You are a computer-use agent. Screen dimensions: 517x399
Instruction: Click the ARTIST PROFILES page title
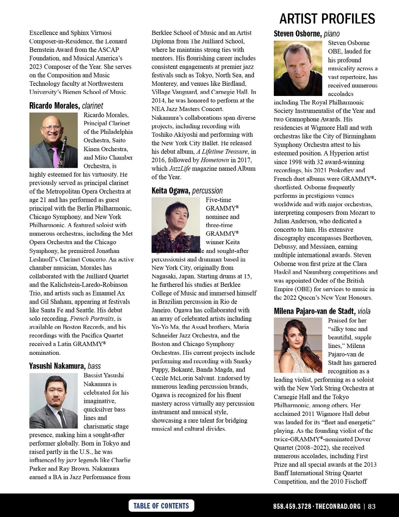(327, 19)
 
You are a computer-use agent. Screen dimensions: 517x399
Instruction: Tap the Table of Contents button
(161, 506)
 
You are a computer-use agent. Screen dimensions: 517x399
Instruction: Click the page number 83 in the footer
(372, 507)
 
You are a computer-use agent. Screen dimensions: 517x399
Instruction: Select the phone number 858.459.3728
(292, 507)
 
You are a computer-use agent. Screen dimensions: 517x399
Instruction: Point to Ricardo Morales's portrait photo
(53, 140)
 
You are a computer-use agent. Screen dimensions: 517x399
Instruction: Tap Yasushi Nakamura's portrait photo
(53, 401)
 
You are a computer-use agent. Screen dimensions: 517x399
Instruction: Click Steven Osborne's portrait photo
(298, 68)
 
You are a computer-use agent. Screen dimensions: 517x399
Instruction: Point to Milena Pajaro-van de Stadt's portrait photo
(298, 345)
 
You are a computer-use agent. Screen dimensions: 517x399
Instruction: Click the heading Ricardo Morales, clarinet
(66, 106)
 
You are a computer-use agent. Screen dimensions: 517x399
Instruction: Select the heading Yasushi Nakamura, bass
(65, 366)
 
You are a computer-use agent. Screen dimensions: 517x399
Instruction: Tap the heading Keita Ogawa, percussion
(187, 191)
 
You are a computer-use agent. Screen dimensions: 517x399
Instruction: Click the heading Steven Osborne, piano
(306, 34)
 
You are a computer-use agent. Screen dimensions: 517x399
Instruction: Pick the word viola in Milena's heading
(364, 311)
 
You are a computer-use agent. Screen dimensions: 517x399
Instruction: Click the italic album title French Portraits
(92, 319)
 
